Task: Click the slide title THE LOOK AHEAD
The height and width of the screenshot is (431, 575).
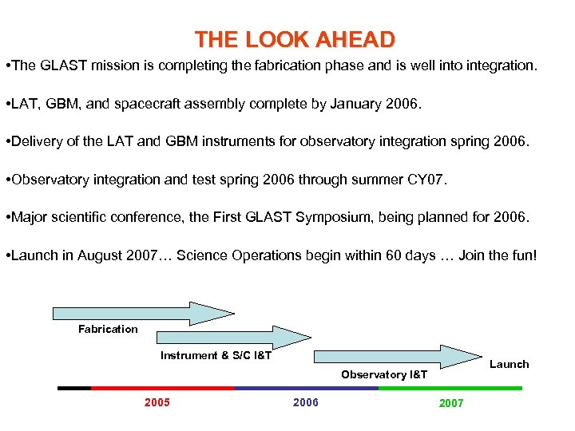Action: click(x=295, y=40)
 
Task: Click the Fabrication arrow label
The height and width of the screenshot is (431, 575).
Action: click(x=108, y=329)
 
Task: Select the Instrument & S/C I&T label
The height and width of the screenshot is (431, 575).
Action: click(x=216, y=355)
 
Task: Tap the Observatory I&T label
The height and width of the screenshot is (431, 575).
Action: click(x=384, y=374)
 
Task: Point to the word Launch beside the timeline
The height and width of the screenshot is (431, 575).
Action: click(x=509, y=364)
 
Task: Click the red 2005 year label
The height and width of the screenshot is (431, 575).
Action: click(x=157, y=402)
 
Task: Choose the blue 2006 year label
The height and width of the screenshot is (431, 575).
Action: click(x=305, y=402)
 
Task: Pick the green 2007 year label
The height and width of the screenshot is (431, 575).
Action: click(x=450, y=403)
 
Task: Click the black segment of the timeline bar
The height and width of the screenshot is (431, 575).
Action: click(x=74, y=388)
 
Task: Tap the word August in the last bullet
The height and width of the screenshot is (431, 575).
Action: click(x=85, y=255)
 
